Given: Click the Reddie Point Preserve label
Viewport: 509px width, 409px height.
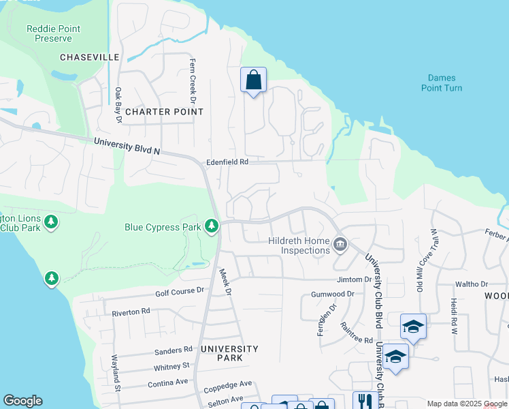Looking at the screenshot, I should point(53,34).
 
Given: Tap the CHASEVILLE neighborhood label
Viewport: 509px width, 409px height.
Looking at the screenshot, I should point(90,58).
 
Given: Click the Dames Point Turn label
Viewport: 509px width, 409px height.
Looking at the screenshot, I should point(441,83).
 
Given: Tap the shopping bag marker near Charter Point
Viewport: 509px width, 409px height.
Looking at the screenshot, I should point(253,80).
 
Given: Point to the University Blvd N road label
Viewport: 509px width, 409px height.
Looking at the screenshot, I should point(127,146).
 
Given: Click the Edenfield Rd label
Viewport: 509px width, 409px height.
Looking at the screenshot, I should point(227,162).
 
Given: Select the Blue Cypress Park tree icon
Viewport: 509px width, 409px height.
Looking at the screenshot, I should point(212,226).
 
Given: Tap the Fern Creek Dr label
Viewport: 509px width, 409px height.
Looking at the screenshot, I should point(193,80).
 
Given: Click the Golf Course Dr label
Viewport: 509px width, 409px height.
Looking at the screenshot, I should point(180,290).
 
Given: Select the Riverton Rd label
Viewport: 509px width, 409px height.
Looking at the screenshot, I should point(131,312).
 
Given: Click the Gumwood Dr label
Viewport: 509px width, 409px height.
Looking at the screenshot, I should point(333,294).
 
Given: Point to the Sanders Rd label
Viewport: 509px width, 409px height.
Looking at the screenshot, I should point(173,350).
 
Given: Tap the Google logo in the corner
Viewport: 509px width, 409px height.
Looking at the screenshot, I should point(22,401).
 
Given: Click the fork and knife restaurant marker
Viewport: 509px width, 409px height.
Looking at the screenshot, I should point(363,400).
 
